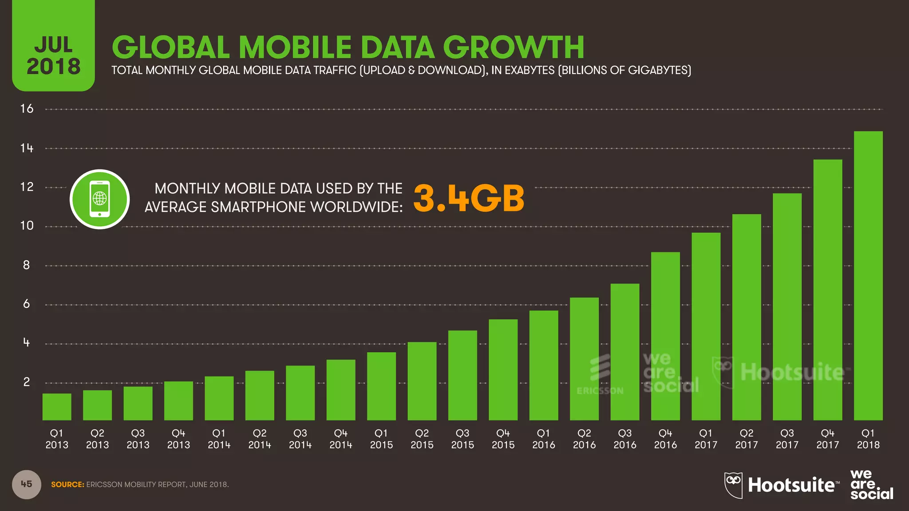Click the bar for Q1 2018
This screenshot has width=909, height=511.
point(868,275)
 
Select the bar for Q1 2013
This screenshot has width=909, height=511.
point(57,407)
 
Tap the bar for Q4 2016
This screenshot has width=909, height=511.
point(665,336)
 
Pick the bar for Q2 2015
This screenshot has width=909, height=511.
point(422,381)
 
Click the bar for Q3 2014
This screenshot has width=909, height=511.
point(300,393)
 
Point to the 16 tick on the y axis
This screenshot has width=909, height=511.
point(27,109)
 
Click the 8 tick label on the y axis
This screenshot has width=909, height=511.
point(27,265)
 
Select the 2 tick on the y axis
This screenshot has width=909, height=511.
point(27,382)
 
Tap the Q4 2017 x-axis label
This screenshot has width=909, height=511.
point(827,439)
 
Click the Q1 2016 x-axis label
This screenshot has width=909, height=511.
point(544,439)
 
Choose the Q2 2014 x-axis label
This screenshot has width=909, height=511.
point(260,439)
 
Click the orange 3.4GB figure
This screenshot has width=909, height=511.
point(469,198)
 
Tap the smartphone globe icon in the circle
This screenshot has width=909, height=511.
point(99,199)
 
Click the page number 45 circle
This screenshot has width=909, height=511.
point(27,484)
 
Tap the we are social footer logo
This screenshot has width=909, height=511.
point(871,485)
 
